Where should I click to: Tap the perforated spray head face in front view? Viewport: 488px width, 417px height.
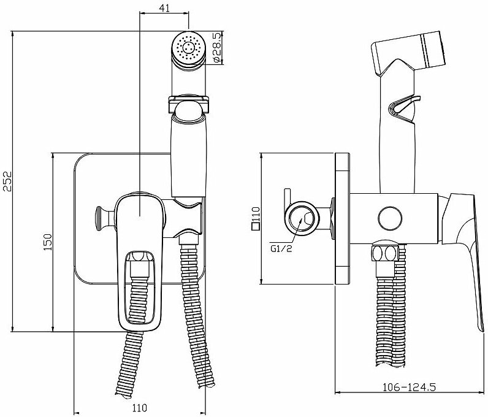point(189,47)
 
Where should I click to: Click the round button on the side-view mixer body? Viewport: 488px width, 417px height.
point(389,218)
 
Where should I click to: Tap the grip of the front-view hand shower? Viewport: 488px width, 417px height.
point(188,153)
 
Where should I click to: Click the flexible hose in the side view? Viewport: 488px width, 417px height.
point(386,319)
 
